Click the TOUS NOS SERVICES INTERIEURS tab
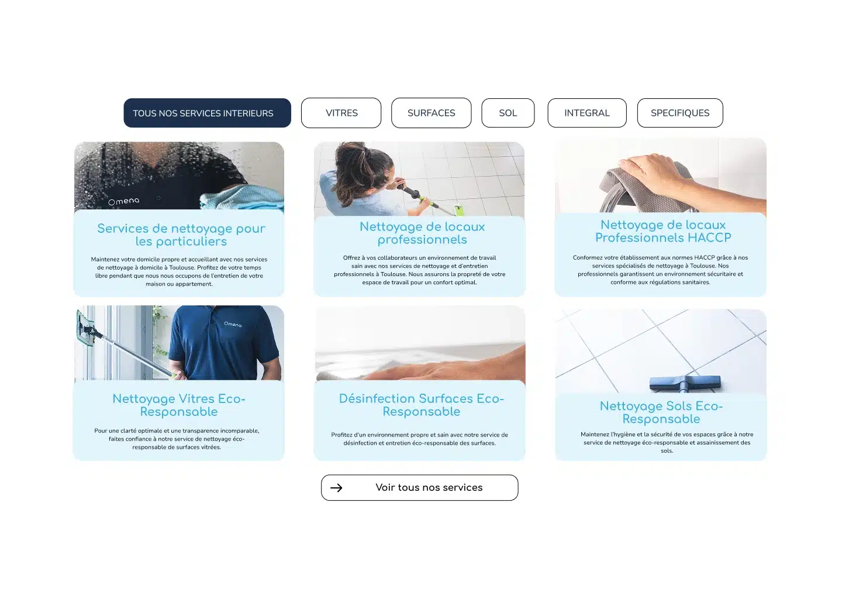click(x=207, y=113)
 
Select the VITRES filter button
click(x=341, y=113)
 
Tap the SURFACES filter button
click(x=431, y=113)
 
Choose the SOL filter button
click(x=508, y=113)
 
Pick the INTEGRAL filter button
click(x=587, y=113)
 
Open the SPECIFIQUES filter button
click(x=680, y=113)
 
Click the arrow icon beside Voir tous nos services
click(x=336, y=488)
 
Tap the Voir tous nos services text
click(x=429, y=487)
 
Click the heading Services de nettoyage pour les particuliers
click(x=181, y=235)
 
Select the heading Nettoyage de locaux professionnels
click(x=422, y=233)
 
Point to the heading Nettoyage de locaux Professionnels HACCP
click(x=663, y=231)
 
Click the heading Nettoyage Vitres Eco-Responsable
click(x=179, y=405)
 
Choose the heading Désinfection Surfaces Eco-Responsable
click(x=422, y=405)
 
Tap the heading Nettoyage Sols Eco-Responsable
click(x=661, y=412)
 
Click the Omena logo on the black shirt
click(x=124, y=201)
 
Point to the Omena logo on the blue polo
click(x=233, y=324)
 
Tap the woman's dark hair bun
click(x=358, y=158)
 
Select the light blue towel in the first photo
click(x=244, y=199)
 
